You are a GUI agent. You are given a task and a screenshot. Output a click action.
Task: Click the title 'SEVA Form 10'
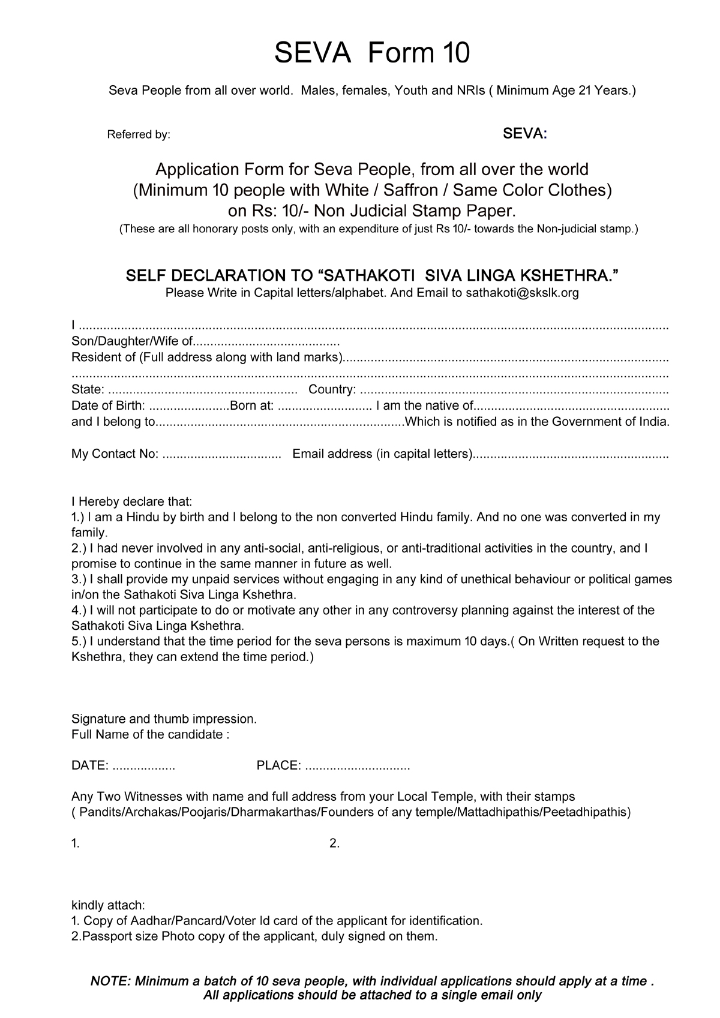coord(371,53)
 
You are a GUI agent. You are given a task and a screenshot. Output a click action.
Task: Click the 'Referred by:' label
coord(139,135)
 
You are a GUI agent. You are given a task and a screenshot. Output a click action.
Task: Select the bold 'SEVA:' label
coord(524,134)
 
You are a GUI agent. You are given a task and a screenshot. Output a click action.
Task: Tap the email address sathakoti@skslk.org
coord(522,293)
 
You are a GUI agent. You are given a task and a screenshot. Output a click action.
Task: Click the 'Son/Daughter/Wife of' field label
coord(131,342)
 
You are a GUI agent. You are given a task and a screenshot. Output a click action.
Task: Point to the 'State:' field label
coord(88,389)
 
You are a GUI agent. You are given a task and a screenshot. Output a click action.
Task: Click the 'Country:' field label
coord(332,389)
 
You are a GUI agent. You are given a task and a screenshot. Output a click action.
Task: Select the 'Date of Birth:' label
coord(108,406)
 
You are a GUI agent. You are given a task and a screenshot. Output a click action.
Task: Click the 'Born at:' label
coord(252,406)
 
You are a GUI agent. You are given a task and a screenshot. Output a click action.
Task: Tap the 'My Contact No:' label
coord(115,454)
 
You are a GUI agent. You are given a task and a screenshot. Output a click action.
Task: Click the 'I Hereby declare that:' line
coord(131,501)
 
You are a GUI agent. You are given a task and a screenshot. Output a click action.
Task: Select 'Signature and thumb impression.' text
coord(164,719)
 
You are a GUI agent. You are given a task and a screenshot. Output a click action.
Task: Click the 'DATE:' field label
coord(90,765)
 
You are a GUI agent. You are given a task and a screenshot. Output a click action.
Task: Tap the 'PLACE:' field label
coord(278,765)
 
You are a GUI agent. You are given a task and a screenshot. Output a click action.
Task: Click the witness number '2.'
coord(335,843)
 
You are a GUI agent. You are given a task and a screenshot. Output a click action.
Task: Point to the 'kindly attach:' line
coord(108,905)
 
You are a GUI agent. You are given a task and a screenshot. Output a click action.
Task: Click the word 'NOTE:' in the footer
coord(110,981)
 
